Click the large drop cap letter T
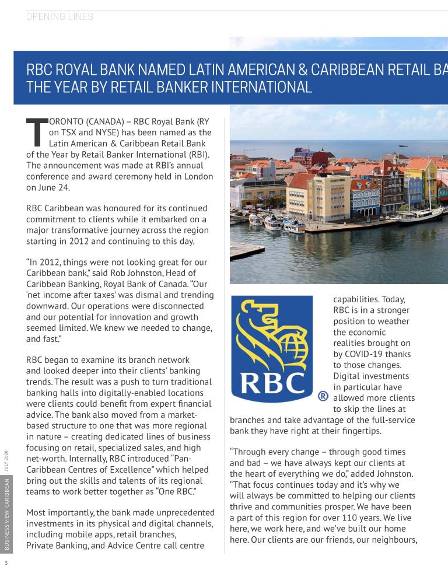point(36,132)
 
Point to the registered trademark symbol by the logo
point(323,396)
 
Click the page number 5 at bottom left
point(6,564)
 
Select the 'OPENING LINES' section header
point(60,17)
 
